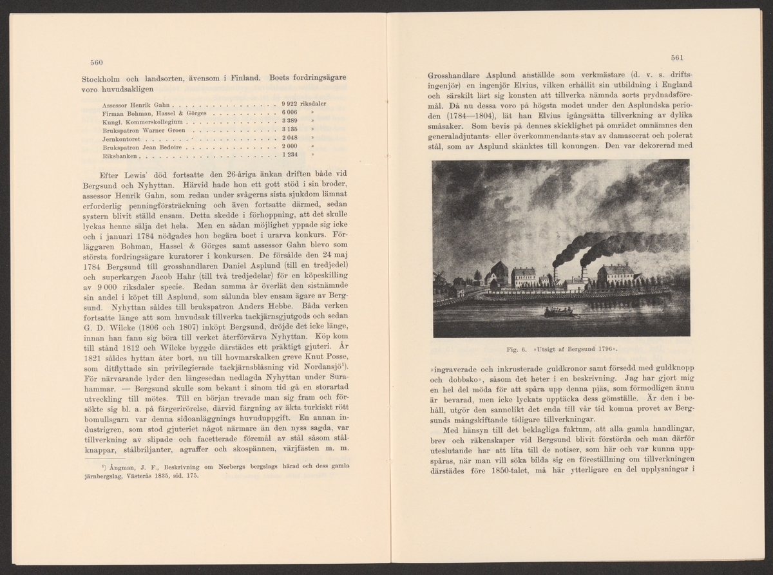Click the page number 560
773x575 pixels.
tap(97, 62)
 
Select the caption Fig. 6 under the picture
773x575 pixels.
tap(513, 350)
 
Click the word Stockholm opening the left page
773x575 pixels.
tap(102, 79)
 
